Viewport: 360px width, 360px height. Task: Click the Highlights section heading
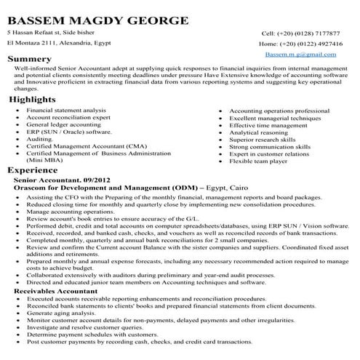click(x=33, y=99)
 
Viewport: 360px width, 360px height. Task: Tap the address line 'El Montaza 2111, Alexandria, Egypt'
click(x=58, y=44)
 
